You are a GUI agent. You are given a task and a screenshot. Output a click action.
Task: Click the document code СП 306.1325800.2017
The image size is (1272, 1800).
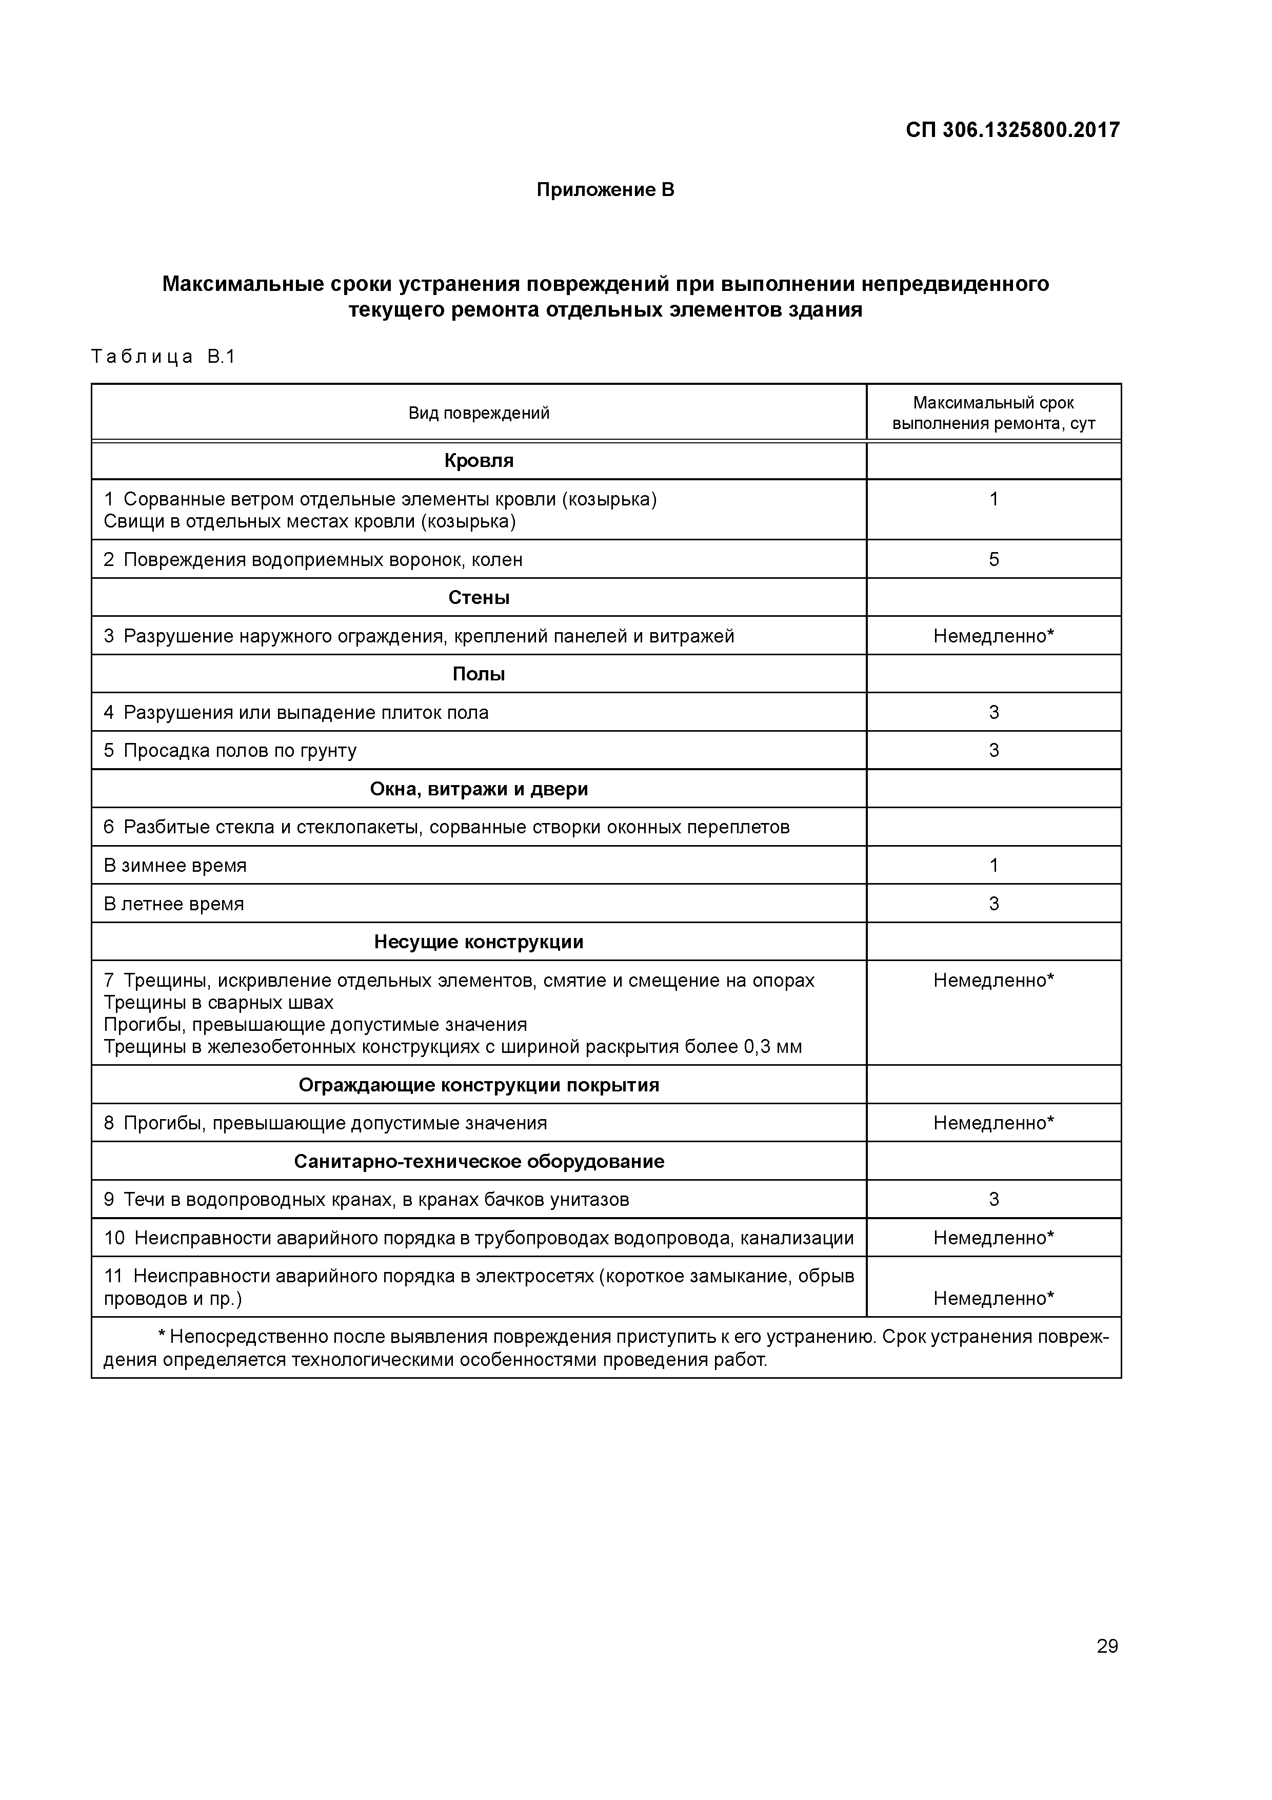click(x=1012, y=129)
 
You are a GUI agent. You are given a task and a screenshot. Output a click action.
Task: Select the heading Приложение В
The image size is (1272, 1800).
click(x=605, y=190)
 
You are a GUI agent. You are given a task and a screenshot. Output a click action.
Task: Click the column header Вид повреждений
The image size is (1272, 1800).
click(x=479, y=413)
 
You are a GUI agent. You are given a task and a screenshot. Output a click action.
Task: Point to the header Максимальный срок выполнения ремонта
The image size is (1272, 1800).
click(x=993, y=413)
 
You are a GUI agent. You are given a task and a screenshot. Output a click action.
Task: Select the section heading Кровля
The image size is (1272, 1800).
click(x=479, y=460)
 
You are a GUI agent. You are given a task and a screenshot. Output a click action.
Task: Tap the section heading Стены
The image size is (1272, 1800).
click(x=479, y=597)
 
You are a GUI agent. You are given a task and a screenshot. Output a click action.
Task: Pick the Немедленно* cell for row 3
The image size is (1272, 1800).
click(x=993, y=636)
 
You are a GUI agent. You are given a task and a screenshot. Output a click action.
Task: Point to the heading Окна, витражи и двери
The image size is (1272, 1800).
click(x=479, y=789)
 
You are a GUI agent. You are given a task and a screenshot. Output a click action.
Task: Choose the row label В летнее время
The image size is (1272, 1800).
click(x=174, y=904)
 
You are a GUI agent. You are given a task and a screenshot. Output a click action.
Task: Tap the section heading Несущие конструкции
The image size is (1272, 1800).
click(x=479, y=942)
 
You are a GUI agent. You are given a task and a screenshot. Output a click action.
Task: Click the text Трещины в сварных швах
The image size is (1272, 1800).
click(x=218, y=1003)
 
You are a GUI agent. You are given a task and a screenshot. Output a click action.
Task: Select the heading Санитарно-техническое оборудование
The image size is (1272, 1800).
click(x=479, y=1161)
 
